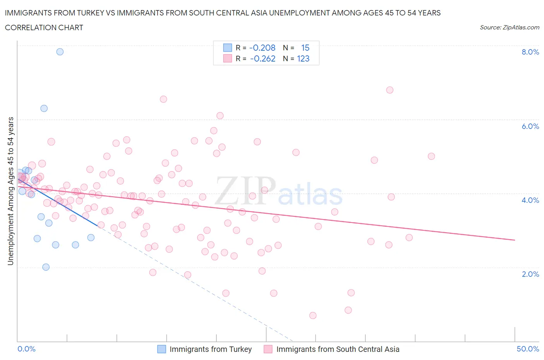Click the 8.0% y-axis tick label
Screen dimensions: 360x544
tap(530, 52)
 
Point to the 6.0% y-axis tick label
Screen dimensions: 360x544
tap(530, 126)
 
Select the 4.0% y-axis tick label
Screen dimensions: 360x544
tap(530, 200)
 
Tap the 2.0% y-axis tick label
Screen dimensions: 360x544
tap(530, 274)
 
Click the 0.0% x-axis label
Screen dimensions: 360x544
tap(26, 349)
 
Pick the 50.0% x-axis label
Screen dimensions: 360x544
tap(528, 349)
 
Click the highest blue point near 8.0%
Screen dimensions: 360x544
tap(60, 52)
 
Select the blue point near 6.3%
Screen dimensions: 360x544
tap(44, 108)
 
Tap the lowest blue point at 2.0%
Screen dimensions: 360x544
tap(46, 267)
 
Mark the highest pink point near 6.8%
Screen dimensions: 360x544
tap(390, 90)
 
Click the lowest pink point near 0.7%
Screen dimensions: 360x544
tap(313, 315)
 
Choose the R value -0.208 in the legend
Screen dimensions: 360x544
tap(262, 48)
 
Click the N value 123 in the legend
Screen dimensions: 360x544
tap(303, 59)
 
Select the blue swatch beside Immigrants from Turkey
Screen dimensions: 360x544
tap(161, 349)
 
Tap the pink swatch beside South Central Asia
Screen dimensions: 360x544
tap(268, 349)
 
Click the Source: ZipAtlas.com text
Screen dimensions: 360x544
tap(509, 27)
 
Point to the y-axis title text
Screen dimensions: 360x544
tap(11, 191)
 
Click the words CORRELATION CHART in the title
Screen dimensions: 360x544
tap(44, 28)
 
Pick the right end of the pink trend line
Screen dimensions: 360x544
tap(515, 240)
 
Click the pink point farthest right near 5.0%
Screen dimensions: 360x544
tap(431, 156)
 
